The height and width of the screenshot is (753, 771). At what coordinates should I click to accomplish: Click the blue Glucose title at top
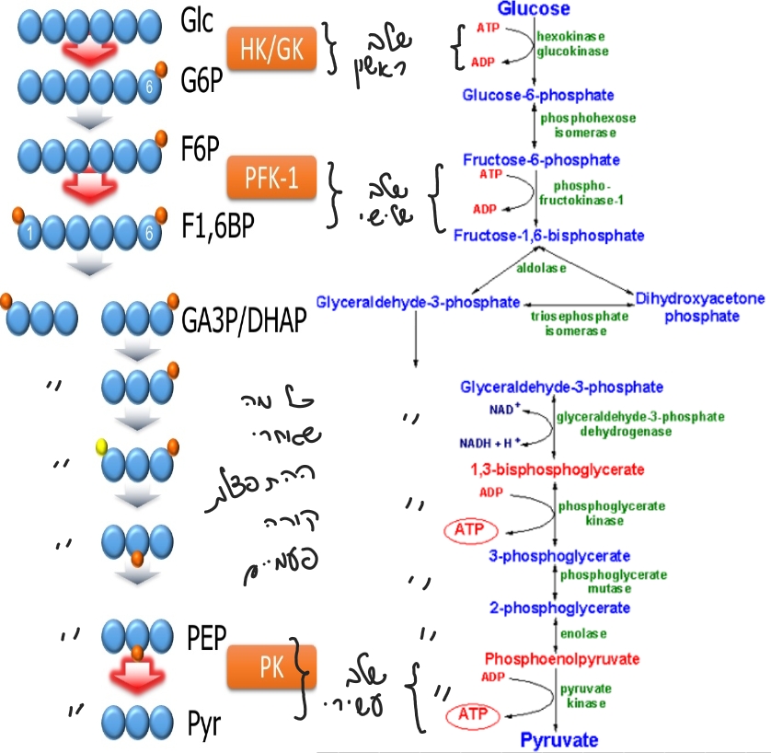534,9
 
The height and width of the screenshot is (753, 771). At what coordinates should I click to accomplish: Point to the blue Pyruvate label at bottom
560,740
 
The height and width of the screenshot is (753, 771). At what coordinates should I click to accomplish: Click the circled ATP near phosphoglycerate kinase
470,530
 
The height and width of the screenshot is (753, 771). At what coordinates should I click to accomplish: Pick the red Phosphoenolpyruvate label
561,659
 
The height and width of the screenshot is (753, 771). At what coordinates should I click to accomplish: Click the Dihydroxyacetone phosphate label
701,307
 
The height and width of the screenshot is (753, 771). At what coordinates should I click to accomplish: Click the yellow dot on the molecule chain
103,448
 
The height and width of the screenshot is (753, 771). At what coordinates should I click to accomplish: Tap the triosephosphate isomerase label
580,323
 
